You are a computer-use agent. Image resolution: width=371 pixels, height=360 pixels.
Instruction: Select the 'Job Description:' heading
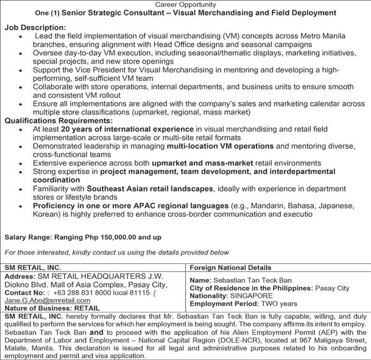[35, 28]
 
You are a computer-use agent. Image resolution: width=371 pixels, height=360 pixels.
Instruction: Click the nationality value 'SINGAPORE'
[251, 295]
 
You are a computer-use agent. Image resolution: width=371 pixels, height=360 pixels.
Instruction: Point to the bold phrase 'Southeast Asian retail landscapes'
[154, 189]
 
